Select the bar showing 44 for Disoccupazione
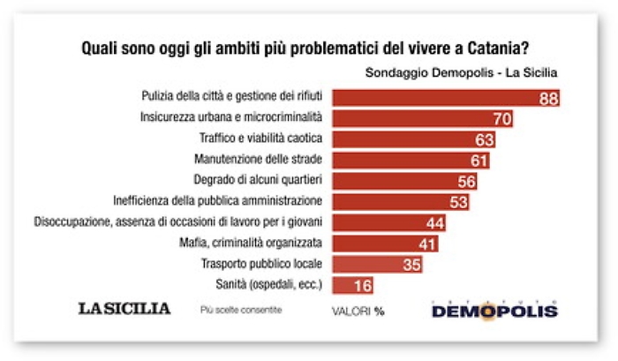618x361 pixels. tap(388, 222)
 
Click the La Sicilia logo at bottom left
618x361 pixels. tap(124, 309)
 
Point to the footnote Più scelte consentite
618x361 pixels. tap(241, 310)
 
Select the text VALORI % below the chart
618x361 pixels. tap(358, 311)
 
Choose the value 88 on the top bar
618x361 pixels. tap(548, 98)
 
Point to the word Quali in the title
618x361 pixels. tap(101, 48)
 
